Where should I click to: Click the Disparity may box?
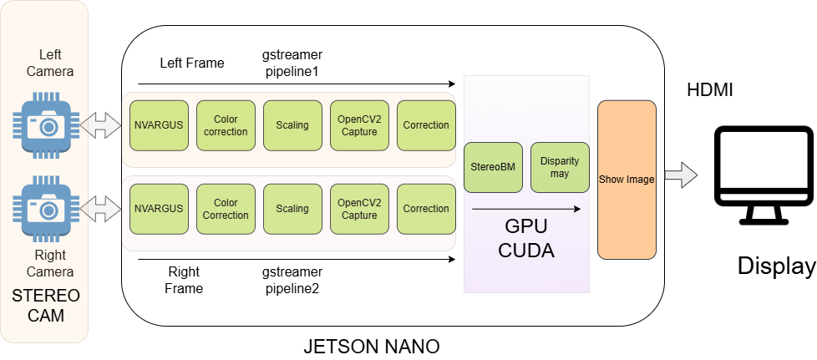click(560, 167)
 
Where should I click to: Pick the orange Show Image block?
click(627, 180)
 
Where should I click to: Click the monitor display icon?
click(764, 175)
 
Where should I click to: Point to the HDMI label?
click(709, 90)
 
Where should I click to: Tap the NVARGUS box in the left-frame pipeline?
click(159, 125)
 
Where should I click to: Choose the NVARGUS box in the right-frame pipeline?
click(159, 209)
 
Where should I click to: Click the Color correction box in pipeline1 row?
click(226, 125)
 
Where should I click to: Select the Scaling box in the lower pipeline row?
click(292, 209)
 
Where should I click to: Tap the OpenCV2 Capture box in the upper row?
click(359, 125)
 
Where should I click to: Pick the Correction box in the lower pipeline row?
click(426, 209)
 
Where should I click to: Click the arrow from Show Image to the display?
click(680, 176)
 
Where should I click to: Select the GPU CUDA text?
click(526, 239)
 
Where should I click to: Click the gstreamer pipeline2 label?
click(292, 281)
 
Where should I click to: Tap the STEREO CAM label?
click(46, 306)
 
